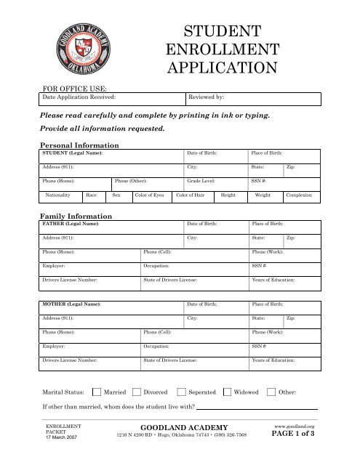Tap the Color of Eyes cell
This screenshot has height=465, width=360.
148,195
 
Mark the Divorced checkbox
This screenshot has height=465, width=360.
137,393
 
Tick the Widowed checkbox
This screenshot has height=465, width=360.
228,393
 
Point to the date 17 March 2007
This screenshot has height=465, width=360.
63,437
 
